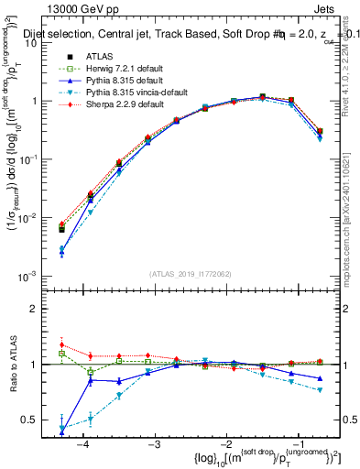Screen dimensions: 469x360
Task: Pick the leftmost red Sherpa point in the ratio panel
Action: click(x=61, y=344)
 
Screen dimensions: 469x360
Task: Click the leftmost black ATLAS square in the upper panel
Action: click(x=61, y=229)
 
